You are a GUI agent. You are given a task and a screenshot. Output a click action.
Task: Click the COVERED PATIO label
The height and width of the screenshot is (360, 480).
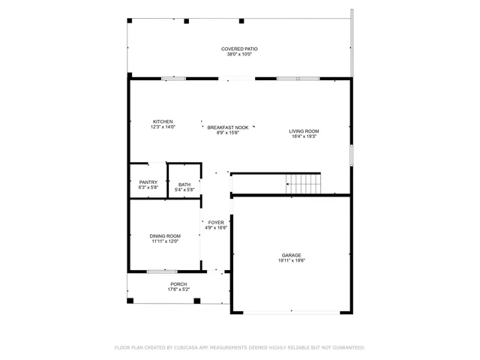[x=239, y=49]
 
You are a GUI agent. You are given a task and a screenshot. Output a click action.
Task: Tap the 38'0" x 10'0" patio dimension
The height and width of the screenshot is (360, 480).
[x=239, y=54]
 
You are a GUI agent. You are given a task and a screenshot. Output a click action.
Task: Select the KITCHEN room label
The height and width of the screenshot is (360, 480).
[x=163, y=121]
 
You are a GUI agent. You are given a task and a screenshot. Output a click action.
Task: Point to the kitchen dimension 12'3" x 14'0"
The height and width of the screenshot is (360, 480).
[x=163, y=127]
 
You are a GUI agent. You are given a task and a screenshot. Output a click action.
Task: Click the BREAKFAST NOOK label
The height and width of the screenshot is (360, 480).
[x=228, y=127]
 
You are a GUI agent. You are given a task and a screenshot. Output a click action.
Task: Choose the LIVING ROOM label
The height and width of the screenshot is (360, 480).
[x=304, y=131]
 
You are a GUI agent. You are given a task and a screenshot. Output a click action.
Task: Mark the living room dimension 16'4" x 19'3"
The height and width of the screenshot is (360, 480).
[x=304, y=136]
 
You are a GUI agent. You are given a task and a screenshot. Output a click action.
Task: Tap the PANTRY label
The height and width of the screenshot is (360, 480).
[x=148, y=181]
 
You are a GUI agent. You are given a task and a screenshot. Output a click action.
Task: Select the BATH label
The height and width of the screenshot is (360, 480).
[x=184, y=184]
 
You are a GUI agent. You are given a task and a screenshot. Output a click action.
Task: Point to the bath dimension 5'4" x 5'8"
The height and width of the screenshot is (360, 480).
[x=184, y=190]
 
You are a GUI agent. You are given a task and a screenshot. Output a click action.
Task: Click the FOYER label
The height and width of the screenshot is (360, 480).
[x=216, y=223]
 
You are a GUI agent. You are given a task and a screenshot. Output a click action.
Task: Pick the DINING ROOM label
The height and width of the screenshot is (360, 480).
[x=165, y=236]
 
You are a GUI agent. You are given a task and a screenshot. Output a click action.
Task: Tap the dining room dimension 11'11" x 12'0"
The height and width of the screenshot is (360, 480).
[x=165, y=241]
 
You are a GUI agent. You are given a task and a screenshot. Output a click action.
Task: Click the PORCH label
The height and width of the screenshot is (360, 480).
[x=178, y=283]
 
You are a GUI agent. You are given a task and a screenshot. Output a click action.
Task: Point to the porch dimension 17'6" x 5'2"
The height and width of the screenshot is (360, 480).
[x=178, y=289]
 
